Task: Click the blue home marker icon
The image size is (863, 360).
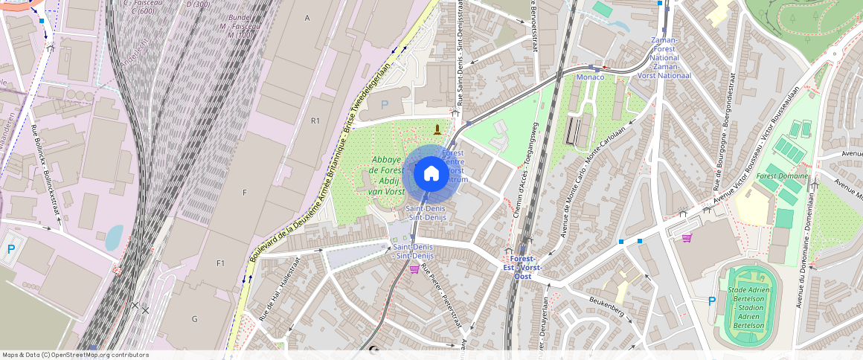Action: tap(431, 174)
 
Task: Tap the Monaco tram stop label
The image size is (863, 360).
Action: tap(591, 77)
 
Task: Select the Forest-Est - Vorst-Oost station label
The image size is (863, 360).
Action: tap(522, 267)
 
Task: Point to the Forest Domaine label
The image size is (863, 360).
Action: tap(777, 176)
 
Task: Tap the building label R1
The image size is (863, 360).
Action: tap(315, 120)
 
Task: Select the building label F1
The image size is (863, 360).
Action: tap(220, 263)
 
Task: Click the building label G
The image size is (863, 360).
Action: tap(194, 318)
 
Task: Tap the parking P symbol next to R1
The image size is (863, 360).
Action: tap(385, 106)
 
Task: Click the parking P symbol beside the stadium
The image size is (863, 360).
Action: tap(711, 301)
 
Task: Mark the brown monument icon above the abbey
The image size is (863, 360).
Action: tap(437, 129)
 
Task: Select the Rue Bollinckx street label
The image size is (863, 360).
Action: tap(45, 169)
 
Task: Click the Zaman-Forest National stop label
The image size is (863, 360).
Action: tap(664, 57)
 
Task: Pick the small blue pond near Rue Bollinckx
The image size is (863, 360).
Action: tap(114, 237)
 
